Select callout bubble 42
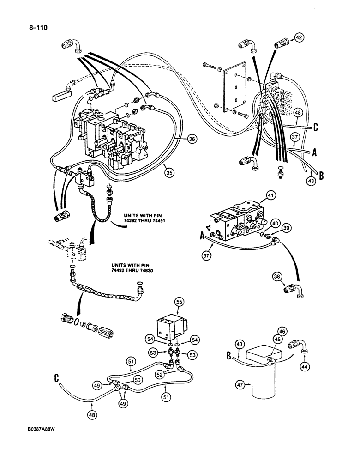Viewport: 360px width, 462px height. [x=300, y=39]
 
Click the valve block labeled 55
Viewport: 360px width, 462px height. [x=172, y=327]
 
